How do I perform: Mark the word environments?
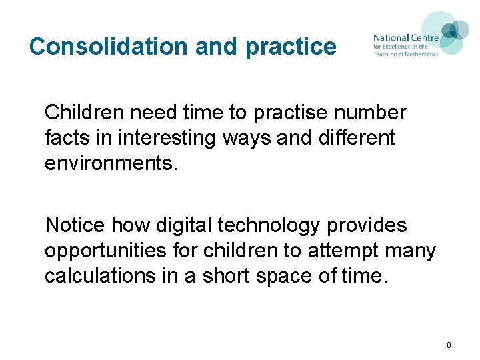coord(111,164)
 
